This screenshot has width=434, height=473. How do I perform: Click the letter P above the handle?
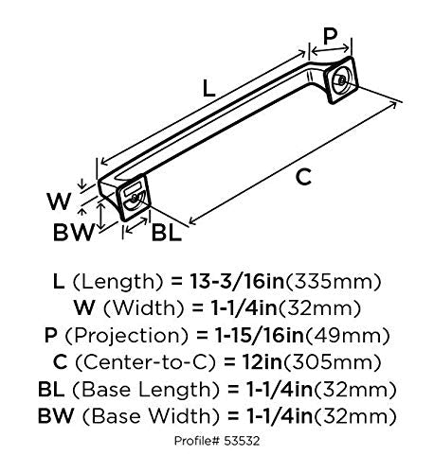coord(330,36)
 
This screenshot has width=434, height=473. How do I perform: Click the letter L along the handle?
coord(208,88)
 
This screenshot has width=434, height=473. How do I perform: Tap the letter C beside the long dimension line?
coord(303,177)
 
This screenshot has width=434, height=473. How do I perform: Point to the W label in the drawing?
coord(59,201)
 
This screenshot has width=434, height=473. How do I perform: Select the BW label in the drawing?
coord(74,233)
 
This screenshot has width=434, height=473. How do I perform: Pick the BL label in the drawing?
coord(167,233)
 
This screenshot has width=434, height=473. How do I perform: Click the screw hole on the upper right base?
coord(342,79)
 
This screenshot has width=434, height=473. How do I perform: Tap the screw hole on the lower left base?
coord(134,199)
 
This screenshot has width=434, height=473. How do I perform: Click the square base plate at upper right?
coord(342,79)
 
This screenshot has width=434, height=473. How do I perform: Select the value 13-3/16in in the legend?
coord(237,281)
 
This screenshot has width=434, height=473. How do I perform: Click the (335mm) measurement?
coord(333,282)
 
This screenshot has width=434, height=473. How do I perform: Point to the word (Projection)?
coord(127,336)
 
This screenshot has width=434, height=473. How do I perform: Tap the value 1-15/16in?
coord(259,335)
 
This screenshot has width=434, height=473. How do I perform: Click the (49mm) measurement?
coord(347,336)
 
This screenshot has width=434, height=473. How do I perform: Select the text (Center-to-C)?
coord(145,362)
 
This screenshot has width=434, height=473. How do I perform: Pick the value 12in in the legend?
coord(262,362)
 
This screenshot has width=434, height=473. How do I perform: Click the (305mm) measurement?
coord(332,362)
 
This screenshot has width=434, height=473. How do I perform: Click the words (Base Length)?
coord(146,390)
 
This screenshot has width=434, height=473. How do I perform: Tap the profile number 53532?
coord(242,441)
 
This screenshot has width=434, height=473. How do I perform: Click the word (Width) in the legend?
coord(143,308)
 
